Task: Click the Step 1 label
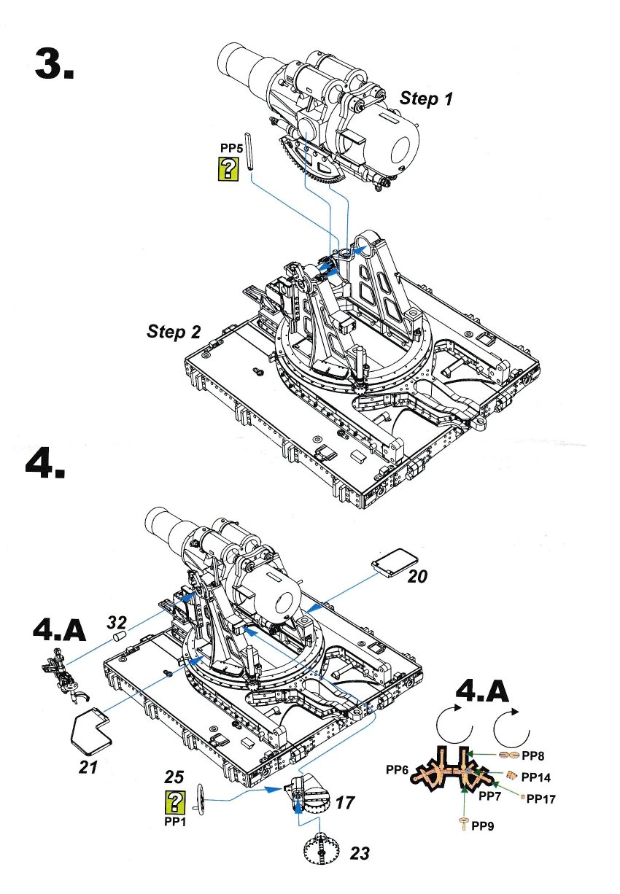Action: (425, 99)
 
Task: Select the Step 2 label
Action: (174, 332)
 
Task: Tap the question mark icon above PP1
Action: (175, 803)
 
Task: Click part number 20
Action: (417, 576)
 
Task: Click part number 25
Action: (174, 777)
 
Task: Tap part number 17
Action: (346, 803)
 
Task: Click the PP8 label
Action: (532, 756)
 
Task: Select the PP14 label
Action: (537, 777)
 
